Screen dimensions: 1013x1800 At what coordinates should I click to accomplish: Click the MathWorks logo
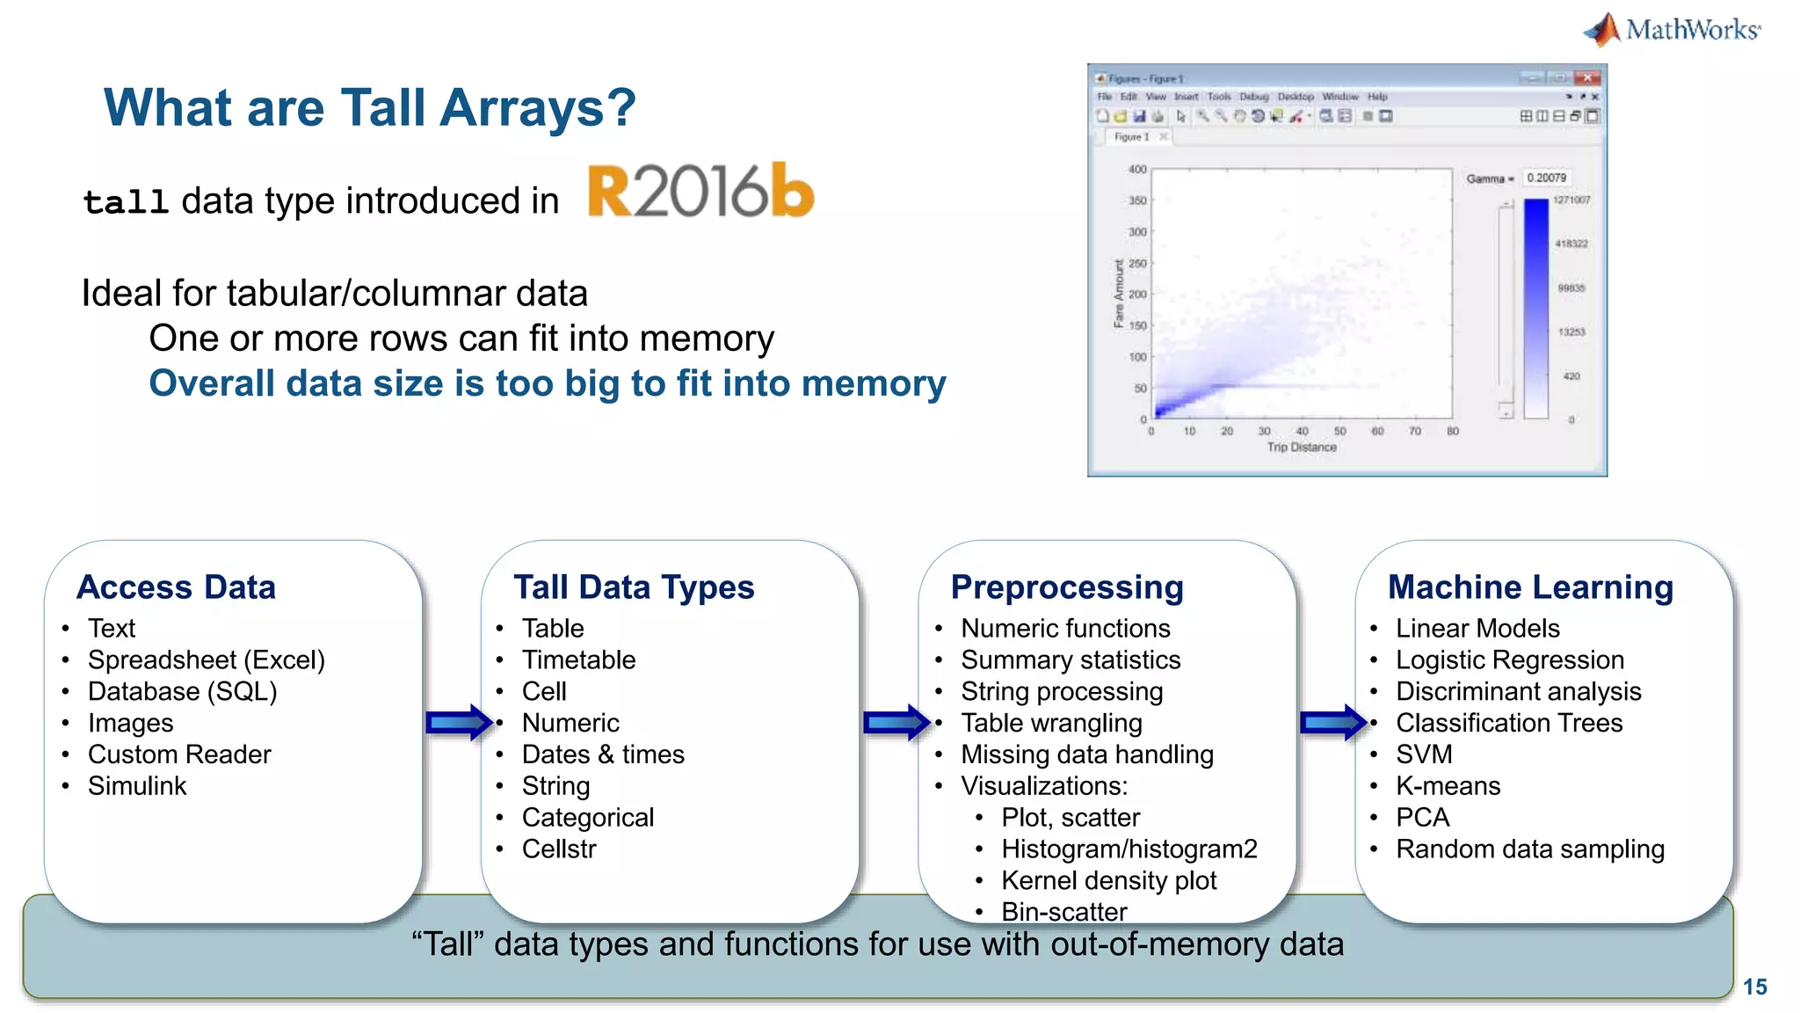coord(1673,29)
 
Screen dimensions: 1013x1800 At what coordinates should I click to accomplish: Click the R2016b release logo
coord(700,191)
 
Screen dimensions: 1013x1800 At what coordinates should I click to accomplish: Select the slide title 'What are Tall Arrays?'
coord(369,107)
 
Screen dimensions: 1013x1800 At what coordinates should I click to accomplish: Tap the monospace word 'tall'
coord(126,202)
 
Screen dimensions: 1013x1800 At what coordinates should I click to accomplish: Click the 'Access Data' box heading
coord(176,587)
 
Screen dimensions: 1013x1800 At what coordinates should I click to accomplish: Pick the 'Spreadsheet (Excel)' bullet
coord(206,660)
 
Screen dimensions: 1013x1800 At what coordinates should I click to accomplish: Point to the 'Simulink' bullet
coord(137,786)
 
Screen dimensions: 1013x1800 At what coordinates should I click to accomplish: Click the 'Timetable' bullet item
coord(578,660)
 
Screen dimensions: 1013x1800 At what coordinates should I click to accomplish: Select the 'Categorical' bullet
coord(588,818)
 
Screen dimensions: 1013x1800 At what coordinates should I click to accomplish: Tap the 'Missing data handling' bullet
coord(1087,754)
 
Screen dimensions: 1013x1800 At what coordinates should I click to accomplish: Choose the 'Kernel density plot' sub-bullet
coord(1109,881)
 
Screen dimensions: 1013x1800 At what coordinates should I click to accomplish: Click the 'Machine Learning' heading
coord(1530,587)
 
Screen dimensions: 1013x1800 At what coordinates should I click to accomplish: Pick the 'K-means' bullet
coord(1448,786)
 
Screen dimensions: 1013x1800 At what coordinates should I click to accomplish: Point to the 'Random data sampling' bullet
coord(1530,849)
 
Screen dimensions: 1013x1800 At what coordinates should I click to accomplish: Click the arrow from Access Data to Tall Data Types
coord(459,723)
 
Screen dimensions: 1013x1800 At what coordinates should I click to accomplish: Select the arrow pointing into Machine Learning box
coord(1333,723)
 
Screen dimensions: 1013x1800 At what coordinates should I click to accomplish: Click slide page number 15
coord(1754,987)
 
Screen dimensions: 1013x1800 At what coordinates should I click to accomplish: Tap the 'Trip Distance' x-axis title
coord(1302,448)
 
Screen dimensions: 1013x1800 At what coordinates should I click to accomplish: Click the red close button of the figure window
coord(1587,78)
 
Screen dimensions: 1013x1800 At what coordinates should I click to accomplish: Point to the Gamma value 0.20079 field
coord(1547,178)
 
